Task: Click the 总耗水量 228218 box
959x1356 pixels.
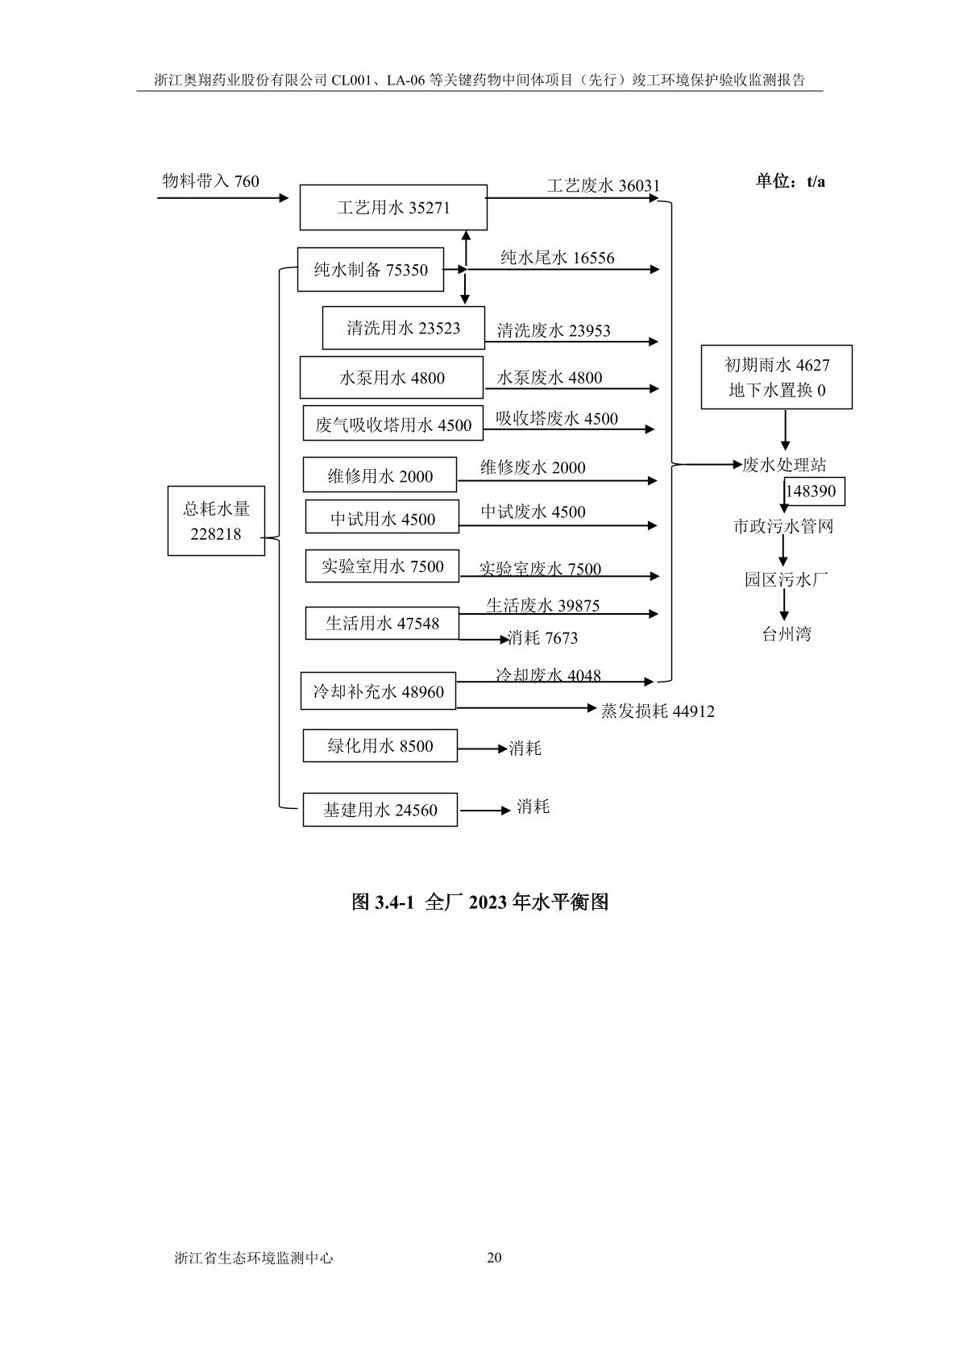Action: point(216,520)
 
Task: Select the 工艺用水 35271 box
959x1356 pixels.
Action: point(393,208)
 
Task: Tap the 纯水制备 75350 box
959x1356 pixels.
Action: point(371,270)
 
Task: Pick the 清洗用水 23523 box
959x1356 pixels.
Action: point(403,328)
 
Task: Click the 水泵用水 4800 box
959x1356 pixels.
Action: point(392,378)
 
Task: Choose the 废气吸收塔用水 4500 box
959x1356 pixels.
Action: point(393,425)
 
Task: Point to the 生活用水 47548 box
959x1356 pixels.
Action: point(382,623)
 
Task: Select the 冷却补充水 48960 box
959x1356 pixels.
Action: point(378,691)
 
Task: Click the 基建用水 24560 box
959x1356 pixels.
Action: point(380,810)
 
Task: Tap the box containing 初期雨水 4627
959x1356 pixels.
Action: point(777,377)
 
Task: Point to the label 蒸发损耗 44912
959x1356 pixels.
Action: point(658,711)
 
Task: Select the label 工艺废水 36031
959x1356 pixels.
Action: point(604,186)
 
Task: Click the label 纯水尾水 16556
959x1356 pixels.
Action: point(558,258)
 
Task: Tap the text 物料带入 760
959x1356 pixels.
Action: point(211,181)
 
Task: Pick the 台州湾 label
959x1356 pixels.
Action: point(787,634)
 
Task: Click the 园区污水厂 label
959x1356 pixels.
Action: point(787,579)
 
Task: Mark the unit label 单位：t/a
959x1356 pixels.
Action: point(790,181)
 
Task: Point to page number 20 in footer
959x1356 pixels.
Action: point(495,1258)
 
